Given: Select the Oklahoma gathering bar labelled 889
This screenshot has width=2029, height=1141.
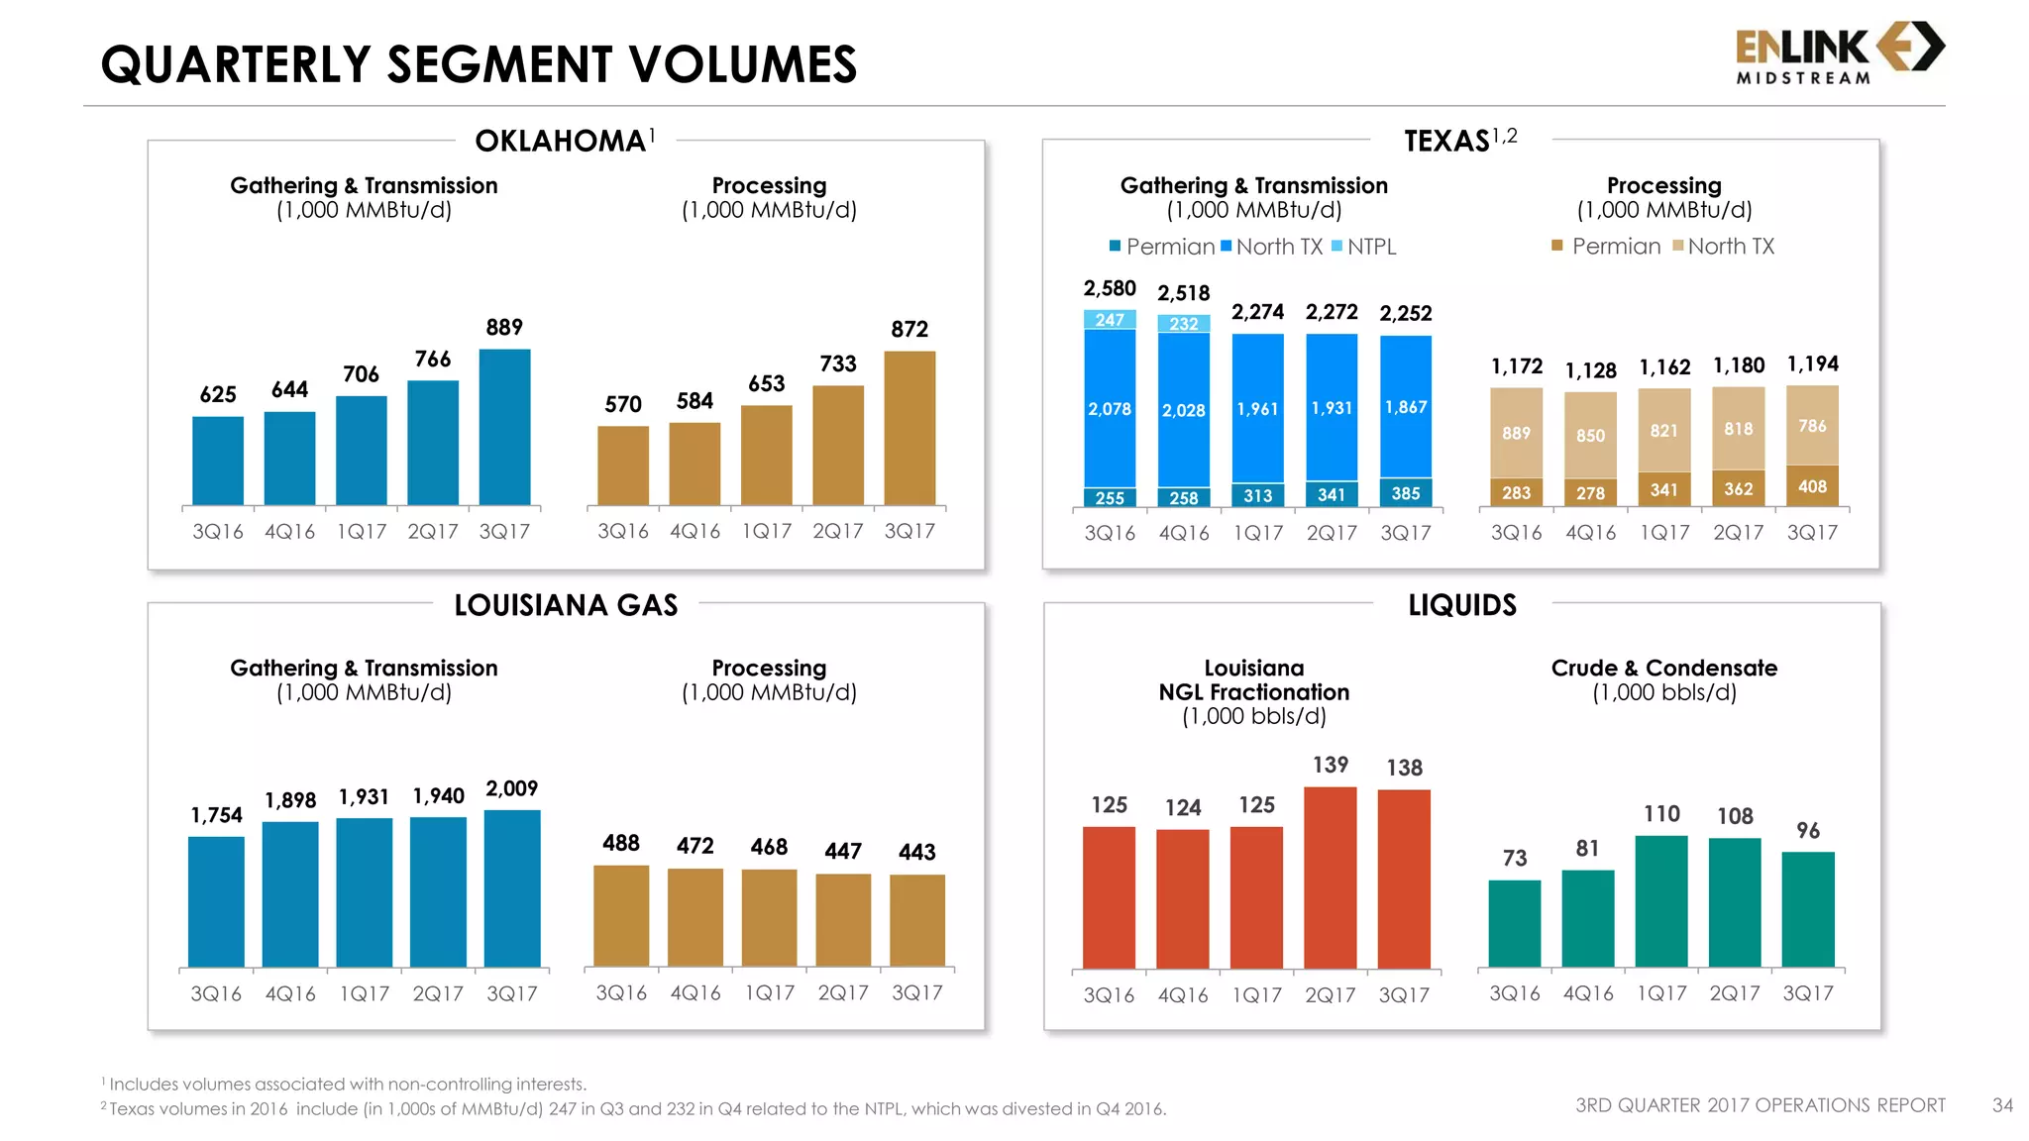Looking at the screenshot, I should coord(504,427).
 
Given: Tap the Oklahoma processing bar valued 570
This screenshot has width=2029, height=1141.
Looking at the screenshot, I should coord(622,466).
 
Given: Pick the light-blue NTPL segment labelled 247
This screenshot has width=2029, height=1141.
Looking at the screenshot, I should coord(1110,320).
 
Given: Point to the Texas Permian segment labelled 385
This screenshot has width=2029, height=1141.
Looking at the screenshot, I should coord(1405,492).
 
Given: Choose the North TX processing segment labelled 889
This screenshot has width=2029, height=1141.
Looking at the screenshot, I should coord(1516,433).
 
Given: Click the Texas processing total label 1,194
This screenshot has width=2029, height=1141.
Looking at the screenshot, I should coord(1812,364).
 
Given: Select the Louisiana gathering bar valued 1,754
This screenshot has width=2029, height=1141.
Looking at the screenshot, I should coord(216,901).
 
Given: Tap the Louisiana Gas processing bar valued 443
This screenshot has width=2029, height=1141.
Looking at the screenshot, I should coord(916,920).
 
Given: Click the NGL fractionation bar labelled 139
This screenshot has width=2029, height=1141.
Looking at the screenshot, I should coord(1330,878).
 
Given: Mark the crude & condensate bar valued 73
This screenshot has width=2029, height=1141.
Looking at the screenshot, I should coord(1514,923).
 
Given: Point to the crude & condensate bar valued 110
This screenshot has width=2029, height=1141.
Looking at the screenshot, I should coord(1661,901).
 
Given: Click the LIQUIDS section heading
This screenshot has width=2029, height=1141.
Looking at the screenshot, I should coord(1462,605).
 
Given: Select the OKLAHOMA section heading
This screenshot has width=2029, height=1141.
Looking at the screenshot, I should coord(561,142).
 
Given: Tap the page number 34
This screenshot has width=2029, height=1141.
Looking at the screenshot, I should coord(2002,1105).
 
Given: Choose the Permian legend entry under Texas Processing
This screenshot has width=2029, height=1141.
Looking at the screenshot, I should coord(1606,247).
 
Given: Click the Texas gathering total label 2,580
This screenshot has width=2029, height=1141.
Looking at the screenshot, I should coord(1110,288).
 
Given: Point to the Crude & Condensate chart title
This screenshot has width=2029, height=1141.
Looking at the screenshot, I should coord(1663,669).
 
